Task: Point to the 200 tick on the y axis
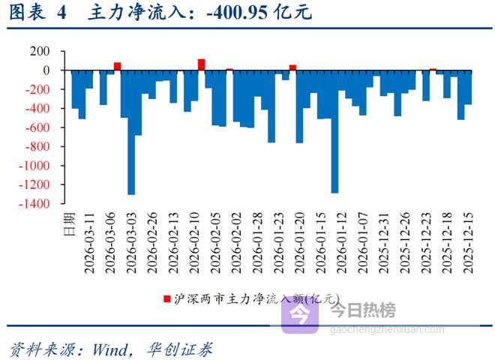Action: click(x=40, y=51)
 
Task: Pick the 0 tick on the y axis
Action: click(x=46, y=70)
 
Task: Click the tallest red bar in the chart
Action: click(x=201, y=64)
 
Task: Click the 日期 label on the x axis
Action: click(x=68, y=223)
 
